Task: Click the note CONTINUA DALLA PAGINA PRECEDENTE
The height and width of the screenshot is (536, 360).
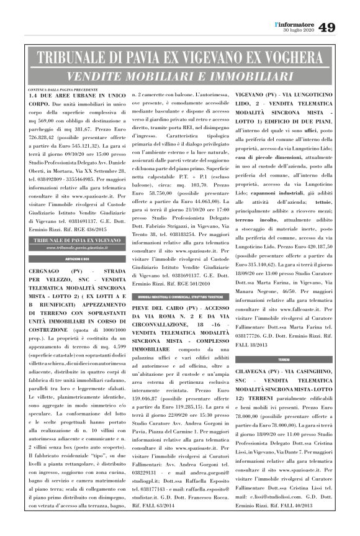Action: click(61, 89)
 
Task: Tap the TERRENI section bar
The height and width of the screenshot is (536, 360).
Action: click(284, 358)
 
